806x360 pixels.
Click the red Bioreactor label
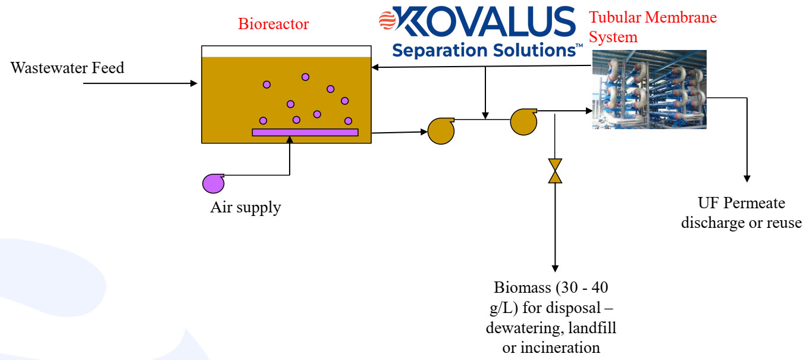pyautogui.click(x=274, y=24)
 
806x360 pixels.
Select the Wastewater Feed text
pyautogui.click(x=67, y=68)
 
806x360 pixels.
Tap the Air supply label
pyautogui.click(x=245, y=208)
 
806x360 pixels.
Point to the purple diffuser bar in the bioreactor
pyautogui.click(x=305, y=132)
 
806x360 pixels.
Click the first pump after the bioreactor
pyautogui.click(x=440, y=131)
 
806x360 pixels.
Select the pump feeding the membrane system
pyautogui.click(x=523, y=121)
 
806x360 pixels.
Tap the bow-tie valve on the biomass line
pyautogui.click(x=555, y=171)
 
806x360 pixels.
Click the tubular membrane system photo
pyautogui.click(x=649, y=89)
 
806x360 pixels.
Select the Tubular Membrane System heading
pyautogui.click(x=653, y=27)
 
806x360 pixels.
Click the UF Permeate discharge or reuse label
pyautogui.click(x=741, y=213)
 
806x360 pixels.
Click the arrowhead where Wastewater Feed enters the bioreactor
pyautogui.click(x=193, y=84)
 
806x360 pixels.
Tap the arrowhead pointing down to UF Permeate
pyautogui.click(x=747, y=179)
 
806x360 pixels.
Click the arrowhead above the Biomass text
pyautogui.click(x=555, y=268)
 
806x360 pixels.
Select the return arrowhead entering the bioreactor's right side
pyautogui.click(x=376, y=67)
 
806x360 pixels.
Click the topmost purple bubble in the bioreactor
pyautogui.click(x=306, y=77)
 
